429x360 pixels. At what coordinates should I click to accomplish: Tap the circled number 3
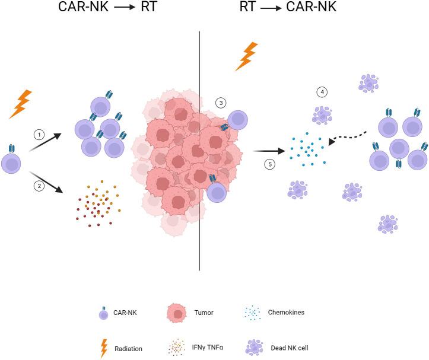click(221, 103)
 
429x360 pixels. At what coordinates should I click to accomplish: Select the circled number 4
click(322, 92)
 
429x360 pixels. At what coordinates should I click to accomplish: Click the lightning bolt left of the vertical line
click(21, 104)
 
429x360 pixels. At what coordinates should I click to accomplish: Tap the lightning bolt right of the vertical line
click(246, 56)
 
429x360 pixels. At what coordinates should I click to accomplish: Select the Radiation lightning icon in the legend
click(104, 348)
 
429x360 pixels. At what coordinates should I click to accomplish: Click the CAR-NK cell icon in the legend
click(104, 313)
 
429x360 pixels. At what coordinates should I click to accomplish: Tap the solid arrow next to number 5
click(268, 151)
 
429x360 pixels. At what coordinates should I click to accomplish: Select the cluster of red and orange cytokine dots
click(98, 205)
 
